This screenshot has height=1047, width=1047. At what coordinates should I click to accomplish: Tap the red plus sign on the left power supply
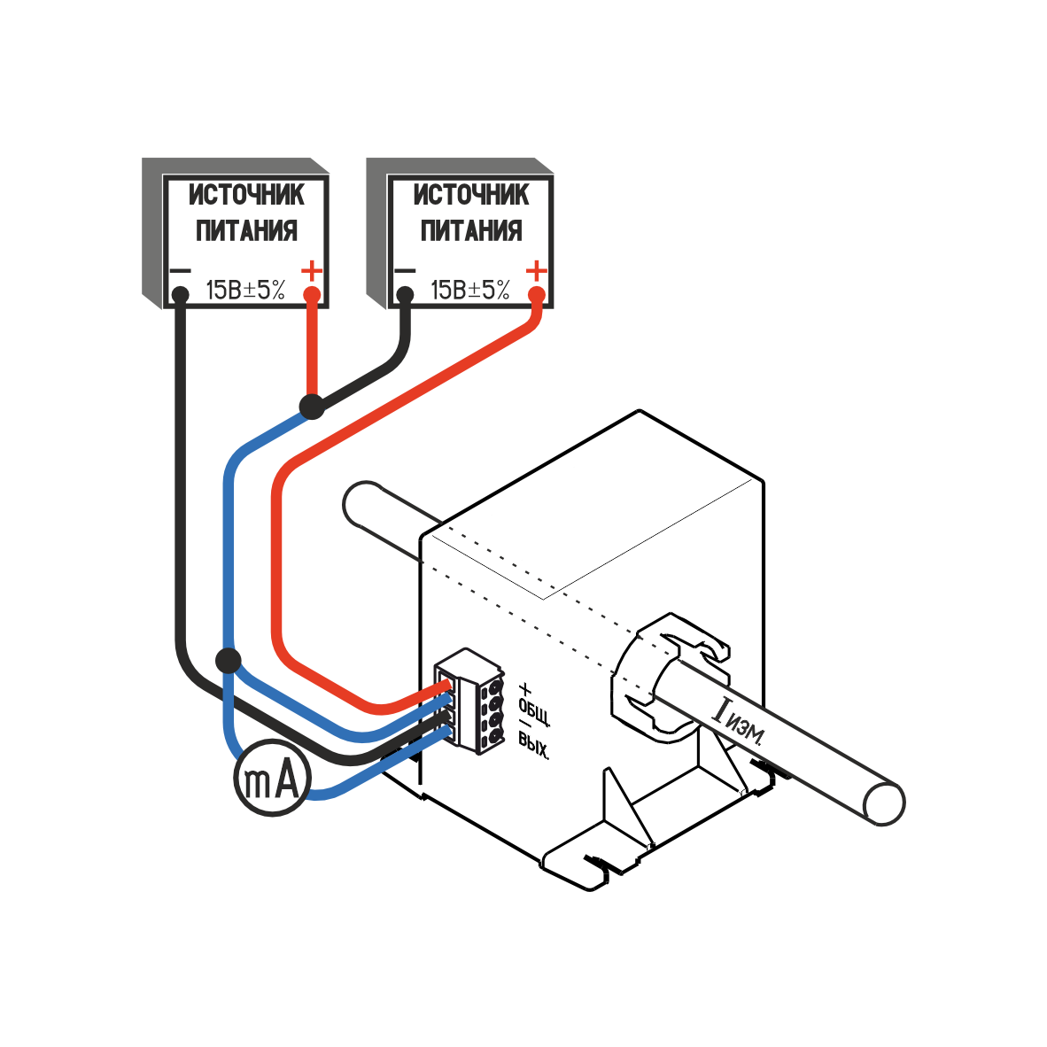coord(313,268)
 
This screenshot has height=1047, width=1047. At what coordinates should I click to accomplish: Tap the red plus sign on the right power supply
coord(537,268)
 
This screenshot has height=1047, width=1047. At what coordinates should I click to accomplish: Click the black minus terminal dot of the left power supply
coord(180,294)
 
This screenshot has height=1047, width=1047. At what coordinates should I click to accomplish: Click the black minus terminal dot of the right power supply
coord(405,294)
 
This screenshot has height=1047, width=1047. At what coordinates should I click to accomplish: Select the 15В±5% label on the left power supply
coord(245,290)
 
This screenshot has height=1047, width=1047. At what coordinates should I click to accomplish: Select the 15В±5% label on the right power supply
coord(470,290)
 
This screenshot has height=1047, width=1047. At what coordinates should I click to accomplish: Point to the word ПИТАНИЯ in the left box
coord(247,231)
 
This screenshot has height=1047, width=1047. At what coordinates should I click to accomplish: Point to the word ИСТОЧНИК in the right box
coord(471,195)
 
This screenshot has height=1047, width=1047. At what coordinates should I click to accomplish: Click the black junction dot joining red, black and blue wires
coord(311,407)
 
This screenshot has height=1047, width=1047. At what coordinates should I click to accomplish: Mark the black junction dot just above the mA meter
coord(229,660)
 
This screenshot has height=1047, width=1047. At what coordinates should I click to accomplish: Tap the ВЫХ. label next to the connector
coord(534,749)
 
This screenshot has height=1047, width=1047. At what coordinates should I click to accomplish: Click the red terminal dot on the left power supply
coord(312,294)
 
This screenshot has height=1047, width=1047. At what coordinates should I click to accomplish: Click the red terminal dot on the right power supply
coord(537,294)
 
